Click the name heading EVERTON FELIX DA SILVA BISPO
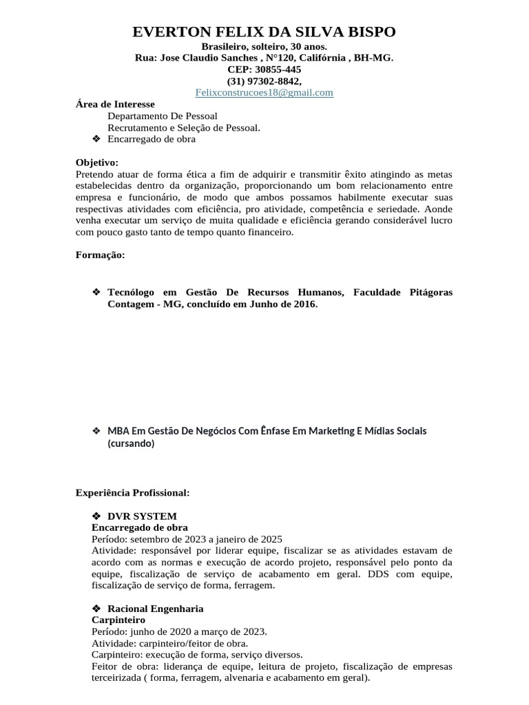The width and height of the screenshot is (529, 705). tap(264, 32)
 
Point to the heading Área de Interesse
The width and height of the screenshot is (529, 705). tap(115, 104)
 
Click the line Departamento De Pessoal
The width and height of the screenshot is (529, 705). tap(163, 116)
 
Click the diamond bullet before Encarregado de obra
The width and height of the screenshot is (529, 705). tap(96, 138)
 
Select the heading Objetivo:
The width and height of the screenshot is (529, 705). tap(97, 162)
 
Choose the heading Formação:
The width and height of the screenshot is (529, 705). tap(100, 255)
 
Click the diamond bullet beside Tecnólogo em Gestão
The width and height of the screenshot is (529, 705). tap(96, 292)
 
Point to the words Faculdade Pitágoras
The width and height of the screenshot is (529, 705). tap(402, 292)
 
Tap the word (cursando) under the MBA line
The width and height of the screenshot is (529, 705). tap(131, 443)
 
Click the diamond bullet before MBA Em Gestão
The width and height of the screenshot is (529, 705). tap(96, 430)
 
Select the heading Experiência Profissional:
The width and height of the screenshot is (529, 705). tap(132, 493)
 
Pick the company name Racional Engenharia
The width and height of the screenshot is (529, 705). tap(155, 609)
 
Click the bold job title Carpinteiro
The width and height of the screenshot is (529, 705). tap(114, 620)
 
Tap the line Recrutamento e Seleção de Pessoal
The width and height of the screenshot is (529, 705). tap(184, 127)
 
